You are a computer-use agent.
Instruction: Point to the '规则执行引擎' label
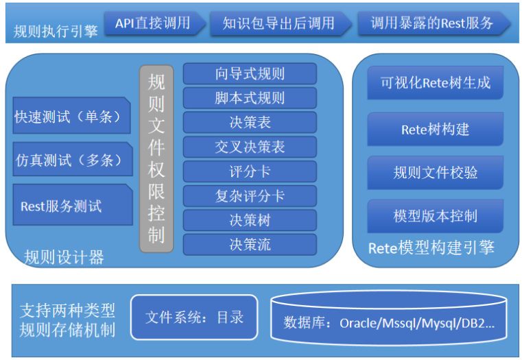55,31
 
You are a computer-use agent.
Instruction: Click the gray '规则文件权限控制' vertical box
156,158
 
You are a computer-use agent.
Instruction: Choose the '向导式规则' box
250,74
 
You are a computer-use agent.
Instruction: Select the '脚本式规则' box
250,98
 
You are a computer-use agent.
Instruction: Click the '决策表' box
250,123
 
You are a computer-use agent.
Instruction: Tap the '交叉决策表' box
250,147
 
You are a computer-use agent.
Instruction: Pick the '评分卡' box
250,171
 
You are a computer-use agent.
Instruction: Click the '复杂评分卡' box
250,196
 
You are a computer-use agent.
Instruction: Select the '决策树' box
250,220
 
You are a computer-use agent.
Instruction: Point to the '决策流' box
250,244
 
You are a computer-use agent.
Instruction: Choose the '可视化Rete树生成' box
436,83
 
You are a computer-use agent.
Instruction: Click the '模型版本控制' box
436,216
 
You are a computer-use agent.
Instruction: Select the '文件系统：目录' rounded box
194,317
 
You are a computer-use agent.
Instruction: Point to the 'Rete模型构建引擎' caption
431,248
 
